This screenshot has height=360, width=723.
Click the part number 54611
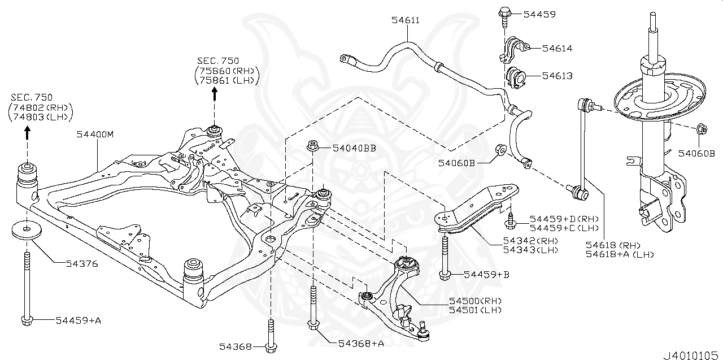tap(406, 20)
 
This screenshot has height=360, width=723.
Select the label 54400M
tap(97, 135)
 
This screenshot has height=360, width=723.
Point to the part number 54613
tap(557, 75)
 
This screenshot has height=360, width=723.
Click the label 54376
tap(81, 263)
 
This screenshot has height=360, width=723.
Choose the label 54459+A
tap(78, 320)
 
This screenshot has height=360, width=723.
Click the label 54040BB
tap(354, 148)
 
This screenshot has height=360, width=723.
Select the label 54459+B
tap(486, 275)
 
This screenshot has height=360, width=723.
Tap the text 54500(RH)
tap(474, 300)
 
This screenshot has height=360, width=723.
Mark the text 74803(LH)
tap(41, 117)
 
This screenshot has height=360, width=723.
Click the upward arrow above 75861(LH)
tap(215, 94)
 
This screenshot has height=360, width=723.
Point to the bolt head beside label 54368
tap(271, 346)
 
